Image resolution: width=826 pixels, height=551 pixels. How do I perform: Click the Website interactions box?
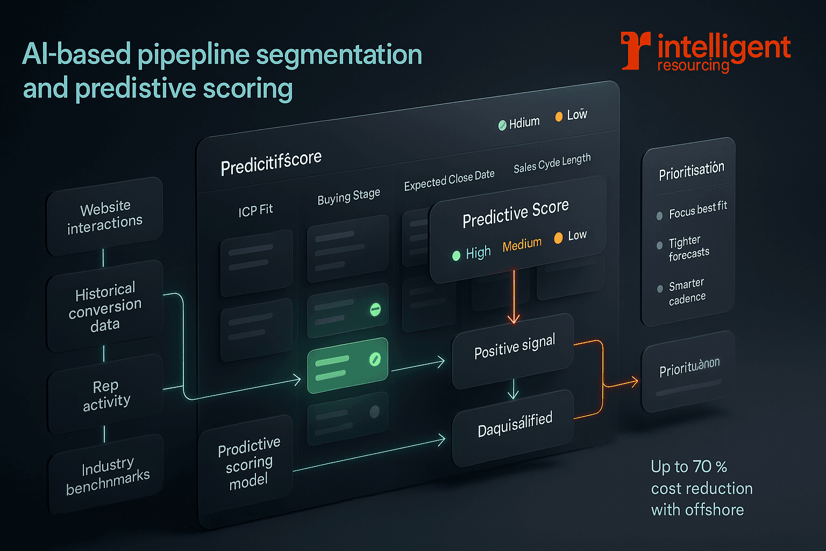click(105, 216)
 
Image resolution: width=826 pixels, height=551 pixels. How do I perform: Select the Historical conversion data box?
click(105, 307)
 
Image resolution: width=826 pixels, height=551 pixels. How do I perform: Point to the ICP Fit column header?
click(255, 210)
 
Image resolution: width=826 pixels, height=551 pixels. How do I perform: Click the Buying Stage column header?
click(348, 196)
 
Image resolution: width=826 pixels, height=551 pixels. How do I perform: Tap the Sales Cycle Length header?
click(552, 163)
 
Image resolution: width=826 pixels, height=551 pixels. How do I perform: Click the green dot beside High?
click(456, 256)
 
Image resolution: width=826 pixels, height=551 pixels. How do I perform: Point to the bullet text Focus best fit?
click(697, 209)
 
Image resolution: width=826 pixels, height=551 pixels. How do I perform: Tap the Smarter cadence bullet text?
click(687, 291)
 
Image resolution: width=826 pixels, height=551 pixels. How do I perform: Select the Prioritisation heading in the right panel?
click(692, 171)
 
